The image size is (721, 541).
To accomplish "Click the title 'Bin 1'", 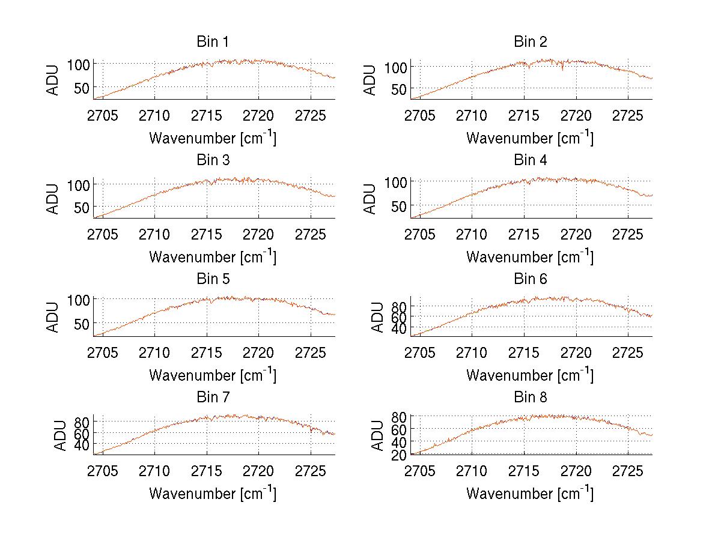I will [x=213, y=42].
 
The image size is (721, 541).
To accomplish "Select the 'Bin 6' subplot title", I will [x=530, y=279].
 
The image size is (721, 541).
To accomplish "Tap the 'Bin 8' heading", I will [x=530, y=397].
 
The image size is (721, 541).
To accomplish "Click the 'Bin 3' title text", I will [x=213, y=161].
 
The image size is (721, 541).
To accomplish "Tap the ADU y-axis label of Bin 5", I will [x=53, y=317].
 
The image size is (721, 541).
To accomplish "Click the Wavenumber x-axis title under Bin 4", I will [x=529, y=256].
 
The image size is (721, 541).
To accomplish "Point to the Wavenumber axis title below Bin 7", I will [x=213, y=494].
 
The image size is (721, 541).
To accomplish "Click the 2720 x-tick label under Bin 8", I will [x=576, y=470].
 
